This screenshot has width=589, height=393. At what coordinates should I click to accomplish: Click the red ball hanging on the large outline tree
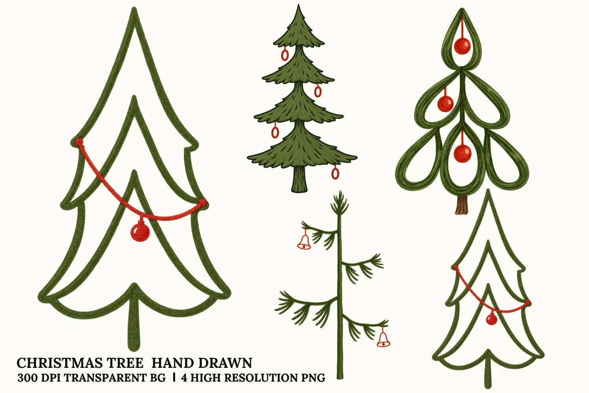(140, 232)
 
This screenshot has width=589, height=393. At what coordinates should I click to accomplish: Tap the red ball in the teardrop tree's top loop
(462, 46)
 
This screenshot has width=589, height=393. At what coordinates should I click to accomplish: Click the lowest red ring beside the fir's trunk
(335, 173)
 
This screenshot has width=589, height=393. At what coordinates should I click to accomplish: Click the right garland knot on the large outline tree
(203, 202)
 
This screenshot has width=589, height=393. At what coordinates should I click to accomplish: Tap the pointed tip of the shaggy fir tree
(298, 5)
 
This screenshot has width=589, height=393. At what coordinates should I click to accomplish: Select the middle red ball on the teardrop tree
(445, 103)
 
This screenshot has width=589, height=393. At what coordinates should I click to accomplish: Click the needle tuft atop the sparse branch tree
(340, 203)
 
